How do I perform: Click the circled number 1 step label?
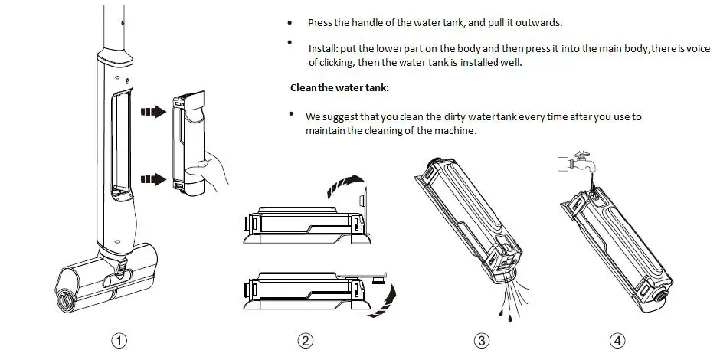point(119,341)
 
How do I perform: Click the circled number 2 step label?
point(306,341)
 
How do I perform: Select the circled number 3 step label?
point(481,341)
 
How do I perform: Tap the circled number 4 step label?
point(617,341)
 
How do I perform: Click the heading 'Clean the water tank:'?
point(339,88)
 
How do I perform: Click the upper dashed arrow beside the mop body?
point(153,112)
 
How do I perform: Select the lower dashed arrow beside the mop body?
point(153,179)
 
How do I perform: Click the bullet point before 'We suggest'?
point(291,113)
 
